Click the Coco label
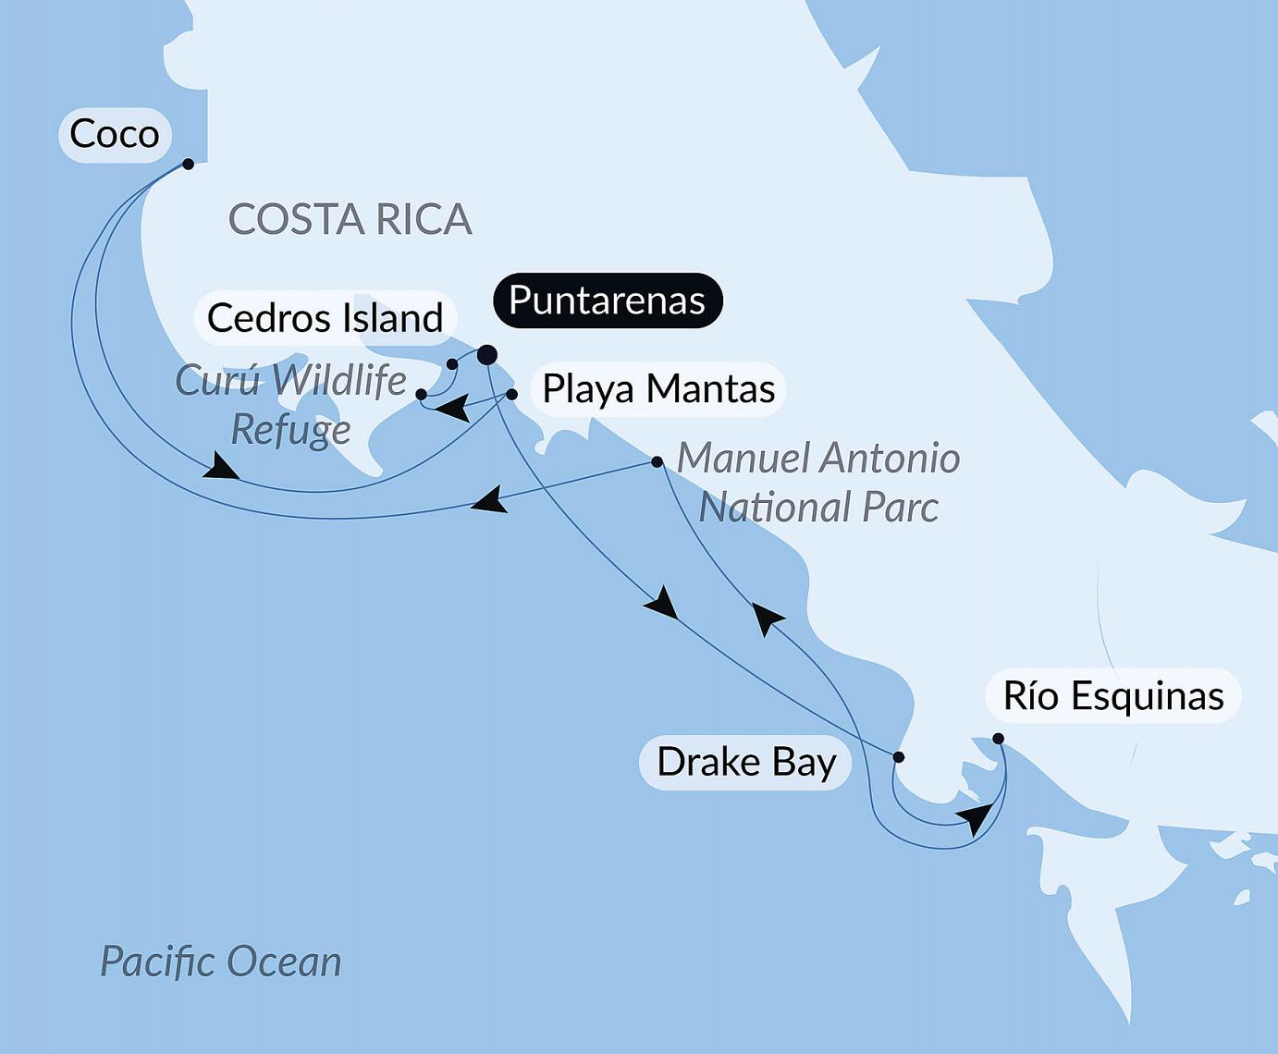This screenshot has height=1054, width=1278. tap(115, 135)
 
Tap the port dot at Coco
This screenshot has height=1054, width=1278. tap(188, 164)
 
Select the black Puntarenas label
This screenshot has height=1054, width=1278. tap(607, 300)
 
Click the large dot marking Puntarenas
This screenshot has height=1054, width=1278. tap(486, 355)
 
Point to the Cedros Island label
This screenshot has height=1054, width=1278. tap(325, 318)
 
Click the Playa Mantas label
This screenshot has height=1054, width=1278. tap(657, 388)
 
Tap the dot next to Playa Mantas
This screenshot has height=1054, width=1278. tap(511, 394)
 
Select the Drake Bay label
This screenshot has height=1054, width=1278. tap(745, 763)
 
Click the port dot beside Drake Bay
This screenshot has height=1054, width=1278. tap(898, 757)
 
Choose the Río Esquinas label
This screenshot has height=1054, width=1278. tap(1112, 695)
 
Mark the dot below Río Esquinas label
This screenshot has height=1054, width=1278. tap(998, 738)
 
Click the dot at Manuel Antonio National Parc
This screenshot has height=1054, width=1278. tap(657, 461)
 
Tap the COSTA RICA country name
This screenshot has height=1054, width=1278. tap(350, 220)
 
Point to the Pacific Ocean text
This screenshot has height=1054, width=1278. tap(220, 962)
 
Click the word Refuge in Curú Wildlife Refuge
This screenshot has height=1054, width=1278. tap(290, 429)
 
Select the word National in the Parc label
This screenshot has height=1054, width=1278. tap(774, 507)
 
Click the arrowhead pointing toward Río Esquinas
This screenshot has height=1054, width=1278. tap(976, 817)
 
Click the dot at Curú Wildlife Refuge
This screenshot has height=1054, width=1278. tap(422, 394)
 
